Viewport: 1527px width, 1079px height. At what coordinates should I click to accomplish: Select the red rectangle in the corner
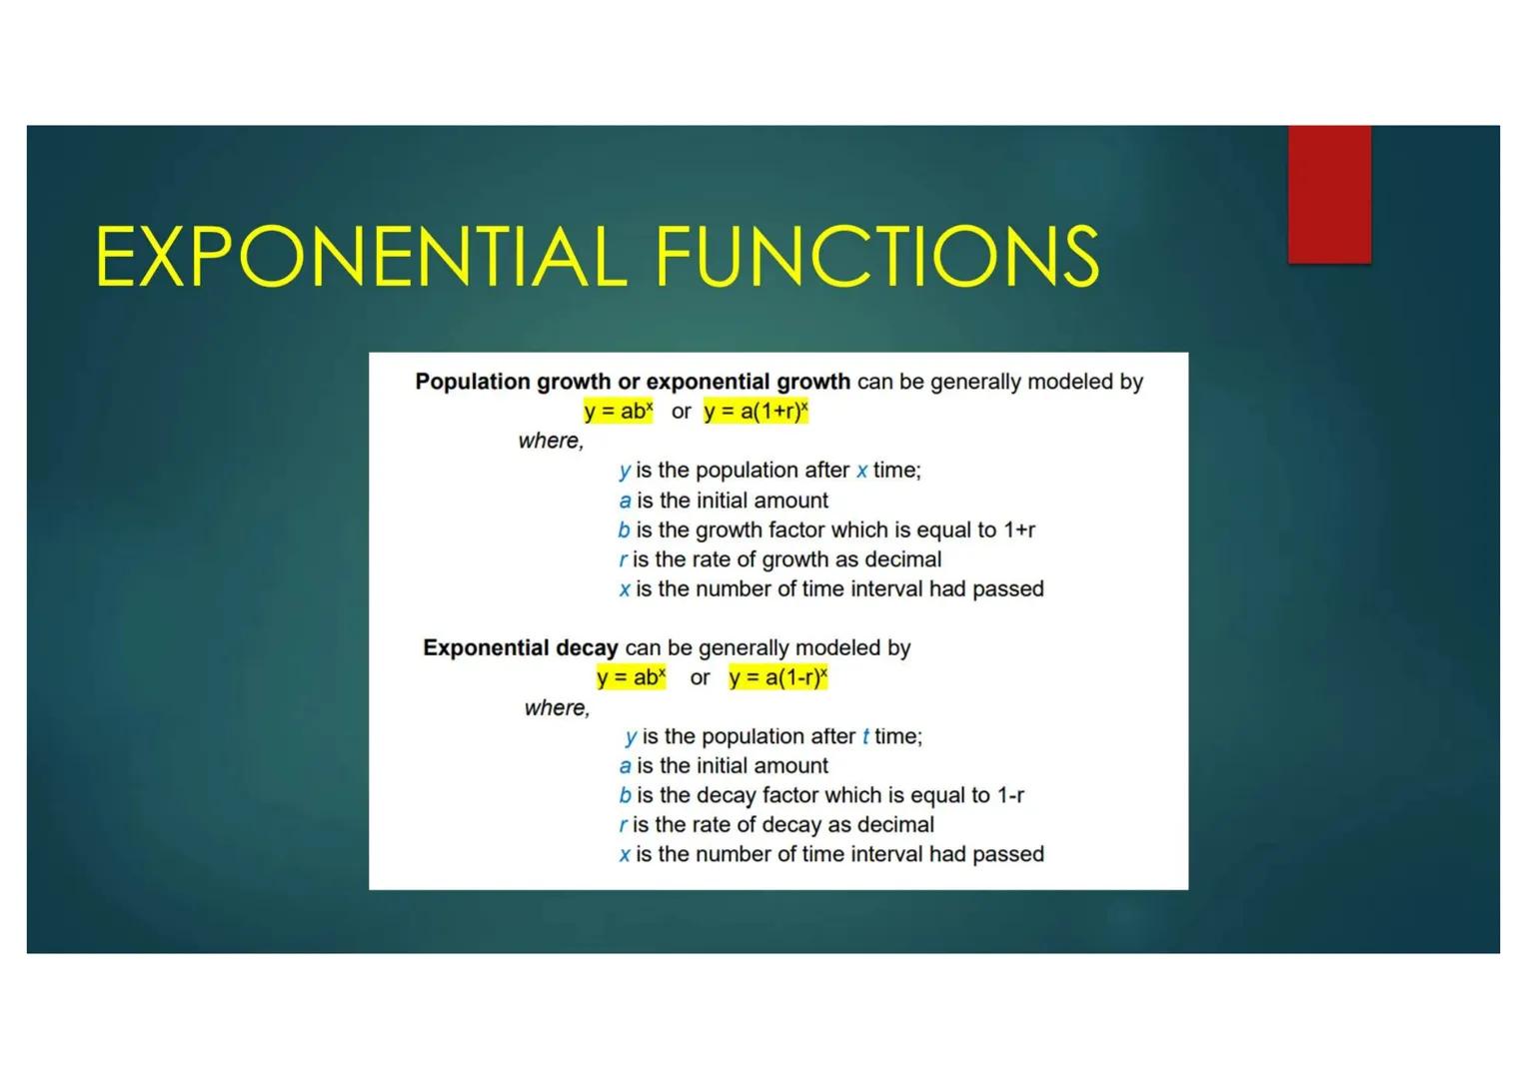click(x=1329, y=195)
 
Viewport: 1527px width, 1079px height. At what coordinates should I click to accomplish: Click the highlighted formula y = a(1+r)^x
click(x=756, y=412)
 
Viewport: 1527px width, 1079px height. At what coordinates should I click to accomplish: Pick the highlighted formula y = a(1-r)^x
click(x=778, y=677)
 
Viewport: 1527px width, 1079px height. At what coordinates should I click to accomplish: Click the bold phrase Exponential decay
click(x=520, y=647)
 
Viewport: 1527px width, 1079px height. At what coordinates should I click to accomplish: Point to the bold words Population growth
click(x=513, y=382)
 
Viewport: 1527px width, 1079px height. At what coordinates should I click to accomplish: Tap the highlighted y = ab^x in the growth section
click(x=619, y=412)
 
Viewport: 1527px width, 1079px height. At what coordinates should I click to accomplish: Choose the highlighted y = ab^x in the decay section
click(x=631, y=677)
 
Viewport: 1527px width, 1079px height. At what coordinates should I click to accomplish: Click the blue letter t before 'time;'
click(x=865, y=737)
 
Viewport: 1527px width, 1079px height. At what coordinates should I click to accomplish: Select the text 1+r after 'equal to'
click(x=1019, y=530)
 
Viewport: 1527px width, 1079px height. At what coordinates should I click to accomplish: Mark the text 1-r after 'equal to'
click(x=1007, y=795)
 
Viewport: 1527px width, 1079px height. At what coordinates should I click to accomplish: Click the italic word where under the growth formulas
click(x=550, y=441)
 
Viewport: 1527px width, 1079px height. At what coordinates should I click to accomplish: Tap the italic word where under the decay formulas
click(x=557, y=707)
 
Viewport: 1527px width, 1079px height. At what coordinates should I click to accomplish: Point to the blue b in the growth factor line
click(x=624, y=530)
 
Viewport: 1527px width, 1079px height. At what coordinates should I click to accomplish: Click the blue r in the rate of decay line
click(x=623, y=825)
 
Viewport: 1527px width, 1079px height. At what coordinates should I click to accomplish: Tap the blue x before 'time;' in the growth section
click(x=861, y=471)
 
